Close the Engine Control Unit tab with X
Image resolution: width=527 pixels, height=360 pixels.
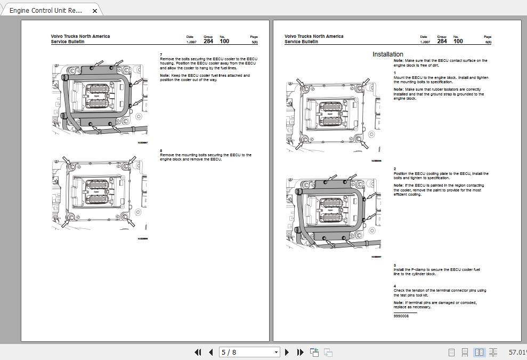95,10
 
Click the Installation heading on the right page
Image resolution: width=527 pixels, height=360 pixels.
387,54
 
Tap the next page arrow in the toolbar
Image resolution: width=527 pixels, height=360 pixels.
287,352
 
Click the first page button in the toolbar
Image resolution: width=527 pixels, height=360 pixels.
198,352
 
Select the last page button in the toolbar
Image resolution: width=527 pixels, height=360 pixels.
300,352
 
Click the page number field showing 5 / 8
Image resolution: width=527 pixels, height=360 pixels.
245,352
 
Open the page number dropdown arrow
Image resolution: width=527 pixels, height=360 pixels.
276,352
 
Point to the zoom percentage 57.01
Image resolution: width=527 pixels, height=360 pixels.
517,352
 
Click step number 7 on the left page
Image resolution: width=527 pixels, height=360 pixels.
161,54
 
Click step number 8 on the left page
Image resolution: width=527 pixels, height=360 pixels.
161,150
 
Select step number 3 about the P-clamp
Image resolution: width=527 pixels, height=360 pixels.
395,265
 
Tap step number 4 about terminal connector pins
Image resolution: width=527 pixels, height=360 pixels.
395,286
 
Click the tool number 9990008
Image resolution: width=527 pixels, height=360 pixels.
401,316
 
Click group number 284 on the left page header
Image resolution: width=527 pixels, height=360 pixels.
208,41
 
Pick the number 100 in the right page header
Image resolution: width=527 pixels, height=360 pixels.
458,41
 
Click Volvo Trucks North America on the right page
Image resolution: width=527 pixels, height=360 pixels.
314,36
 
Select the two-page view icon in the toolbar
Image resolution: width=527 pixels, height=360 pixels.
479,352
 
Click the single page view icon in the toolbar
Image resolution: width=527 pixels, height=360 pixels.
451,352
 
